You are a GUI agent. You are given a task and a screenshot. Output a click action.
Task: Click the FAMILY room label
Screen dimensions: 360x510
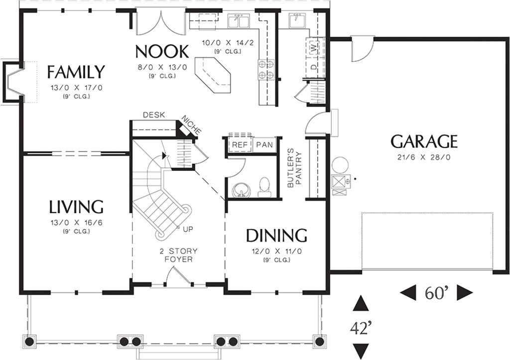click(x=76, y=72)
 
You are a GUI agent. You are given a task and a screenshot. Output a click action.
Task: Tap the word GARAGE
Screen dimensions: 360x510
click(x=424, y=142)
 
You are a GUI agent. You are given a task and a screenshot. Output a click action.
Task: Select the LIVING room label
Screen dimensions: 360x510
click(x=76, y=207)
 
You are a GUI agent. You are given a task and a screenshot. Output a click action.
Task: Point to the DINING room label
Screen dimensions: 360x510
click(x=276, y=235)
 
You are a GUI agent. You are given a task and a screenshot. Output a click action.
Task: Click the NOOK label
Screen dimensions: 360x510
click(x=162, y=51)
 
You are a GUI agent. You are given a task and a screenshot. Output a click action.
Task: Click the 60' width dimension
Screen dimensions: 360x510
click(x=437, y=293)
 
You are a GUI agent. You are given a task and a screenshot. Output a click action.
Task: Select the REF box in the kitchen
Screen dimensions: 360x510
click(x=240, y=145)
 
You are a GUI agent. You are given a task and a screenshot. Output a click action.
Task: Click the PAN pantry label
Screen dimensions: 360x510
click(x=264, y=145)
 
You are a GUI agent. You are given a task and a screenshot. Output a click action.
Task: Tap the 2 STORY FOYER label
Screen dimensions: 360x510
click(x=178, y=255)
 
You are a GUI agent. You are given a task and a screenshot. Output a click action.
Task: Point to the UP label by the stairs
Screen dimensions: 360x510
click(x=188, y=229)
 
